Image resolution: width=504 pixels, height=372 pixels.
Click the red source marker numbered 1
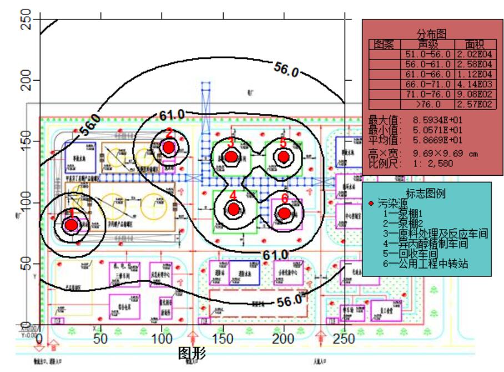pos(71,225)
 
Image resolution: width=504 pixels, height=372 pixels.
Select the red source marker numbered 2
pos(169,147)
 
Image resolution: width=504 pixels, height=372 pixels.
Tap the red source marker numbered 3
pos(231,157)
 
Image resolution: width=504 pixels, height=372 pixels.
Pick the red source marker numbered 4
pos(234,209)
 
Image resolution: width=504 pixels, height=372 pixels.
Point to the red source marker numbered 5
pos(284,156)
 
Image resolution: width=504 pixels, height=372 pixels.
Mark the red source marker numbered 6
pos(284,212)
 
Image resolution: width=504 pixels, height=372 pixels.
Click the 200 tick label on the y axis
pos(24,80)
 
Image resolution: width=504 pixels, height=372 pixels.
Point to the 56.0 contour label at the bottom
pos(289,301)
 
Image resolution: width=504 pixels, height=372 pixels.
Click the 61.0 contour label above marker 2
pos(172,115)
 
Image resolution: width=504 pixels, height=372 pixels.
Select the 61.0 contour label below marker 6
pos(275,255)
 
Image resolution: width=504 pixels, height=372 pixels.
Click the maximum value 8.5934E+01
pos(438,120)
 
